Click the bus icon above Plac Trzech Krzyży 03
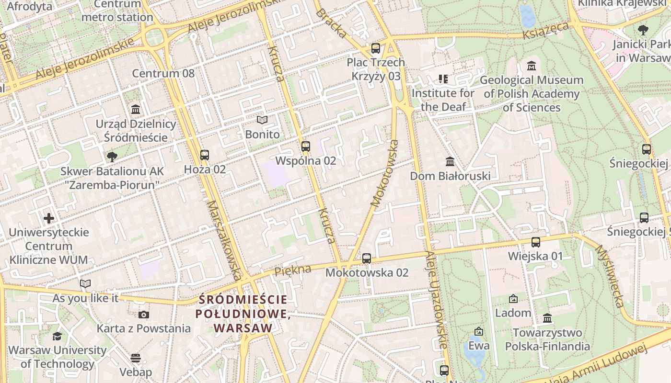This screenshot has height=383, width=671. pyautogui.click(x=376, y=48)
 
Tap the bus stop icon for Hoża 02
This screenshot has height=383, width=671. pyautogui.click(x=205, y=155)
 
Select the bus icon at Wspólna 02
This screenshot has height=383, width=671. pyautogui.click(x=306, y=146)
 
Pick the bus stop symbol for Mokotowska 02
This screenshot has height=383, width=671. pyautogui.click(x=367, y=259)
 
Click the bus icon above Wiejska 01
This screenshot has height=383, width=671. pyautogui.click(x=536, y=242)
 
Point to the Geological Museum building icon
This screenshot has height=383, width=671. pyautogui.click(x=531, y=66)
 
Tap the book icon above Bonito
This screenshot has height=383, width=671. pyautogui.click(x=262, y=120)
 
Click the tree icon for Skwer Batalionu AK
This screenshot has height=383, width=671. pyautogui.click(x=112, y=157)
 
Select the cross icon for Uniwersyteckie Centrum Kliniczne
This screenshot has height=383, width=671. pyautogui.click(x=49, y=219)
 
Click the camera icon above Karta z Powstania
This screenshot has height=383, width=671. pyautogui.click(x=143, y=315)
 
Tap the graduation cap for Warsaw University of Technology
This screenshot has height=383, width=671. pyautogui.click(x=58, y=336)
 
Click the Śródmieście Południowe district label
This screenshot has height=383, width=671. pyautogui.click(x=243, y=314)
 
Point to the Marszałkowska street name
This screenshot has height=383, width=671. pyautogui.click(x=224, y=240)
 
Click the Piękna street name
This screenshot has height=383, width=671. pyautogui.click(x=292, y=270)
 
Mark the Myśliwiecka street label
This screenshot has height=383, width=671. pyautogui.click(x=610, y=276)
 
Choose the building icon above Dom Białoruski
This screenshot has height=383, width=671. pyautogui.click(x=450, y=162)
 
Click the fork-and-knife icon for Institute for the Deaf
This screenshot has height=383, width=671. pyautogui.click(x=443, y=79)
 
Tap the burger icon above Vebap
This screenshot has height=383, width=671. pyautogui.click(x=136, y=358)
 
